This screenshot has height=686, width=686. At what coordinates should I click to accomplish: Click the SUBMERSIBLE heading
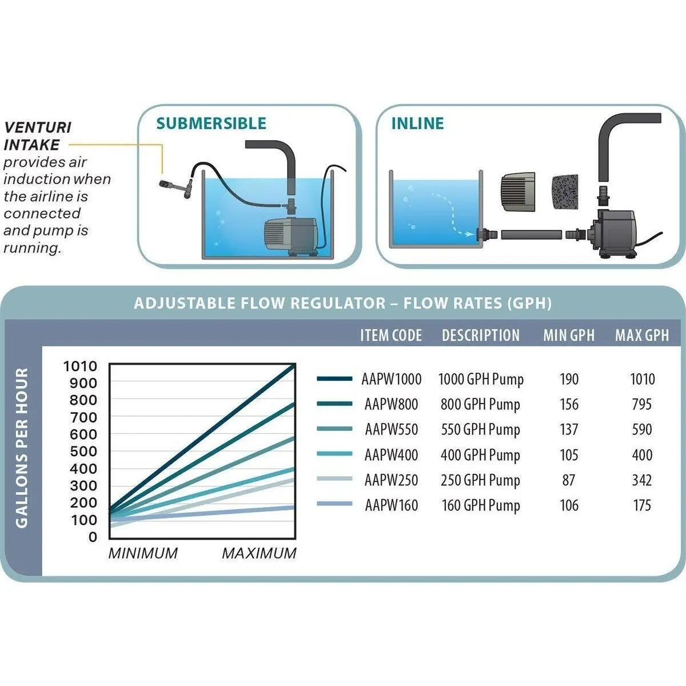(x=212, y=123)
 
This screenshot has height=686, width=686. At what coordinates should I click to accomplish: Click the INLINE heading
(x=417, y=123)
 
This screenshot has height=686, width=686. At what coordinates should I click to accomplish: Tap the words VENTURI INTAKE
(x=38, y=135)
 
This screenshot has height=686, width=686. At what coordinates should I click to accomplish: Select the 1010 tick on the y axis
(x=80, y=366)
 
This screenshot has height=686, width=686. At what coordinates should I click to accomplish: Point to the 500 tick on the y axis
(x=83, y=451)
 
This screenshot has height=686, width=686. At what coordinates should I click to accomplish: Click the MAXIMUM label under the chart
(x=259, y=553)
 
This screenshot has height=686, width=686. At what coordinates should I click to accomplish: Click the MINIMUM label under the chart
(x=143, y=553)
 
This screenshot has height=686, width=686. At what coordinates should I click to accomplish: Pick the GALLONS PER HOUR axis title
(x=22, y=448)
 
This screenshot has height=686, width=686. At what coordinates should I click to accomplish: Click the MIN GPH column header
(x=569, y=336)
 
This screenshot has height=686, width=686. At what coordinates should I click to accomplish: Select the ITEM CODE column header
(x=391, y=336)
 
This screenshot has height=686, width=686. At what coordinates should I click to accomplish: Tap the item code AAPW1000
(x=392, y=379)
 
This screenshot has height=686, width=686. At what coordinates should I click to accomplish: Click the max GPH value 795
(x=642, y=405)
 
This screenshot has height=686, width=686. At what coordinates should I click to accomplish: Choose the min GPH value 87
(x=568, y=480)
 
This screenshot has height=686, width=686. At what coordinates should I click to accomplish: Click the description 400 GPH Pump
(x=480, y=455)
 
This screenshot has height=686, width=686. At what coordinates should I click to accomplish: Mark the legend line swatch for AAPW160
(x=334, y=504)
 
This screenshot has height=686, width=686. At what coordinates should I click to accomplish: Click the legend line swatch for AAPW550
(x=334, y=429)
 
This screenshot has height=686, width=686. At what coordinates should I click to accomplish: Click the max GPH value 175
(x=642, y=505)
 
